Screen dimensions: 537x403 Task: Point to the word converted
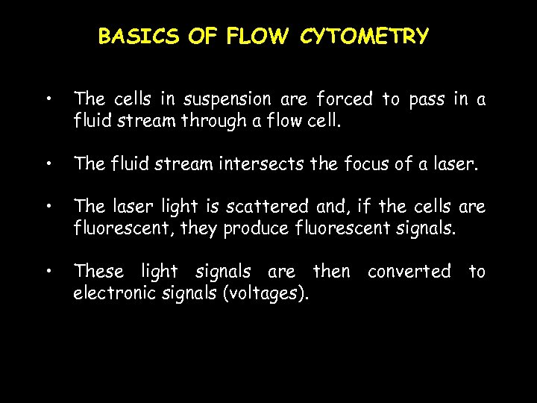[x=409, y=271]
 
